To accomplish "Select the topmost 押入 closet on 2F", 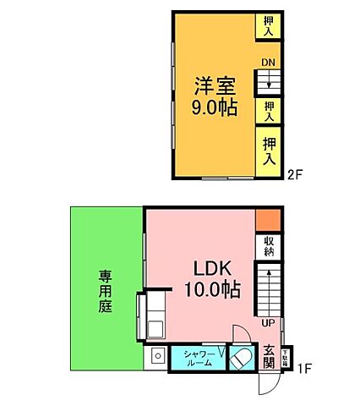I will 269,25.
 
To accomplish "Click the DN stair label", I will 268,63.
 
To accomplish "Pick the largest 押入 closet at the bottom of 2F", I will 269,151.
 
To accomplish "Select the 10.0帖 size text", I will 212,291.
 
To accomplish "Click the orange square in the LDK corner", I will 266,218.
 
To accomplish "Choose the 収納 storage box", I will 268,246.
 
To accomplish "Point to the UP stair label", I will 268,322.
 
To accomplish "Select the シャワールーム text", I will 198,357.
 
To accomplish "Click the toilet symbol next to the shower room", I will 239,359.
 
